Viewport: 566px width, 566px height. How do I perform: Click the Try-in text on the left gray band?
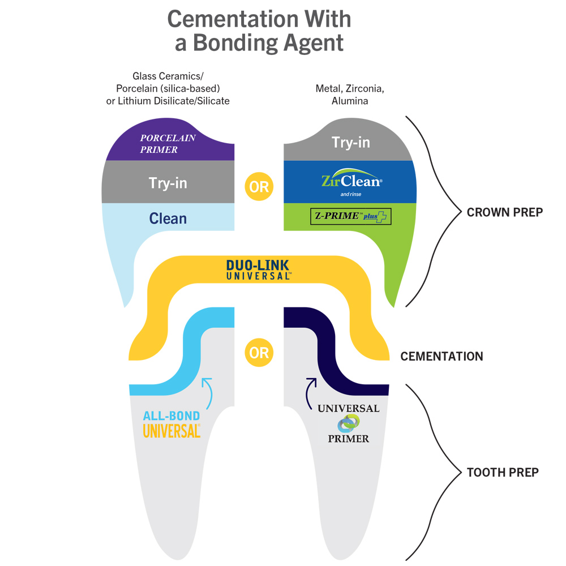168,182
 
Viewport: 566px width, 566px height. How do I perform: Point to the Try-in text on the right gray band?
351,142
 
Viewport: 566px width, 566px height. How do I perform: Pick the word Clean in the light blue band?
168,218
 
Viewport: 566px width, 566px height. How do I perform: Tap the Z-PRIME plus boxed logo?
350,216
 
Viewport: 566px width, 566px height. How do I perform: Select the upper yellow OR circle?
259,186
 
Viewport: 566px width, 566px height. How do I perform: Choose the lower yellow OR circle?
259,353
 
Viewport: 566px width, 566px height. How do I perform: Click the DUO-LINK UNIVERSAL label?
259,269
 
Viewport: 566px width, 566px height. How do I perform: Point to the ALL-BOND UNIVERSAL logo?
171,424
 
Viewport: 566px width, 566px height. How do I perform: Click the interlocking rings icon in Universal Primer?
348,423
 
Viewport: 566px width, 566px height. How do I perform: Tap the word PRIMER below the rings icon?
348,438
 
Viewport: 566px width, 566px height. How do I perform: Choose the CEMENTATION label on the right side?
441,357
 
